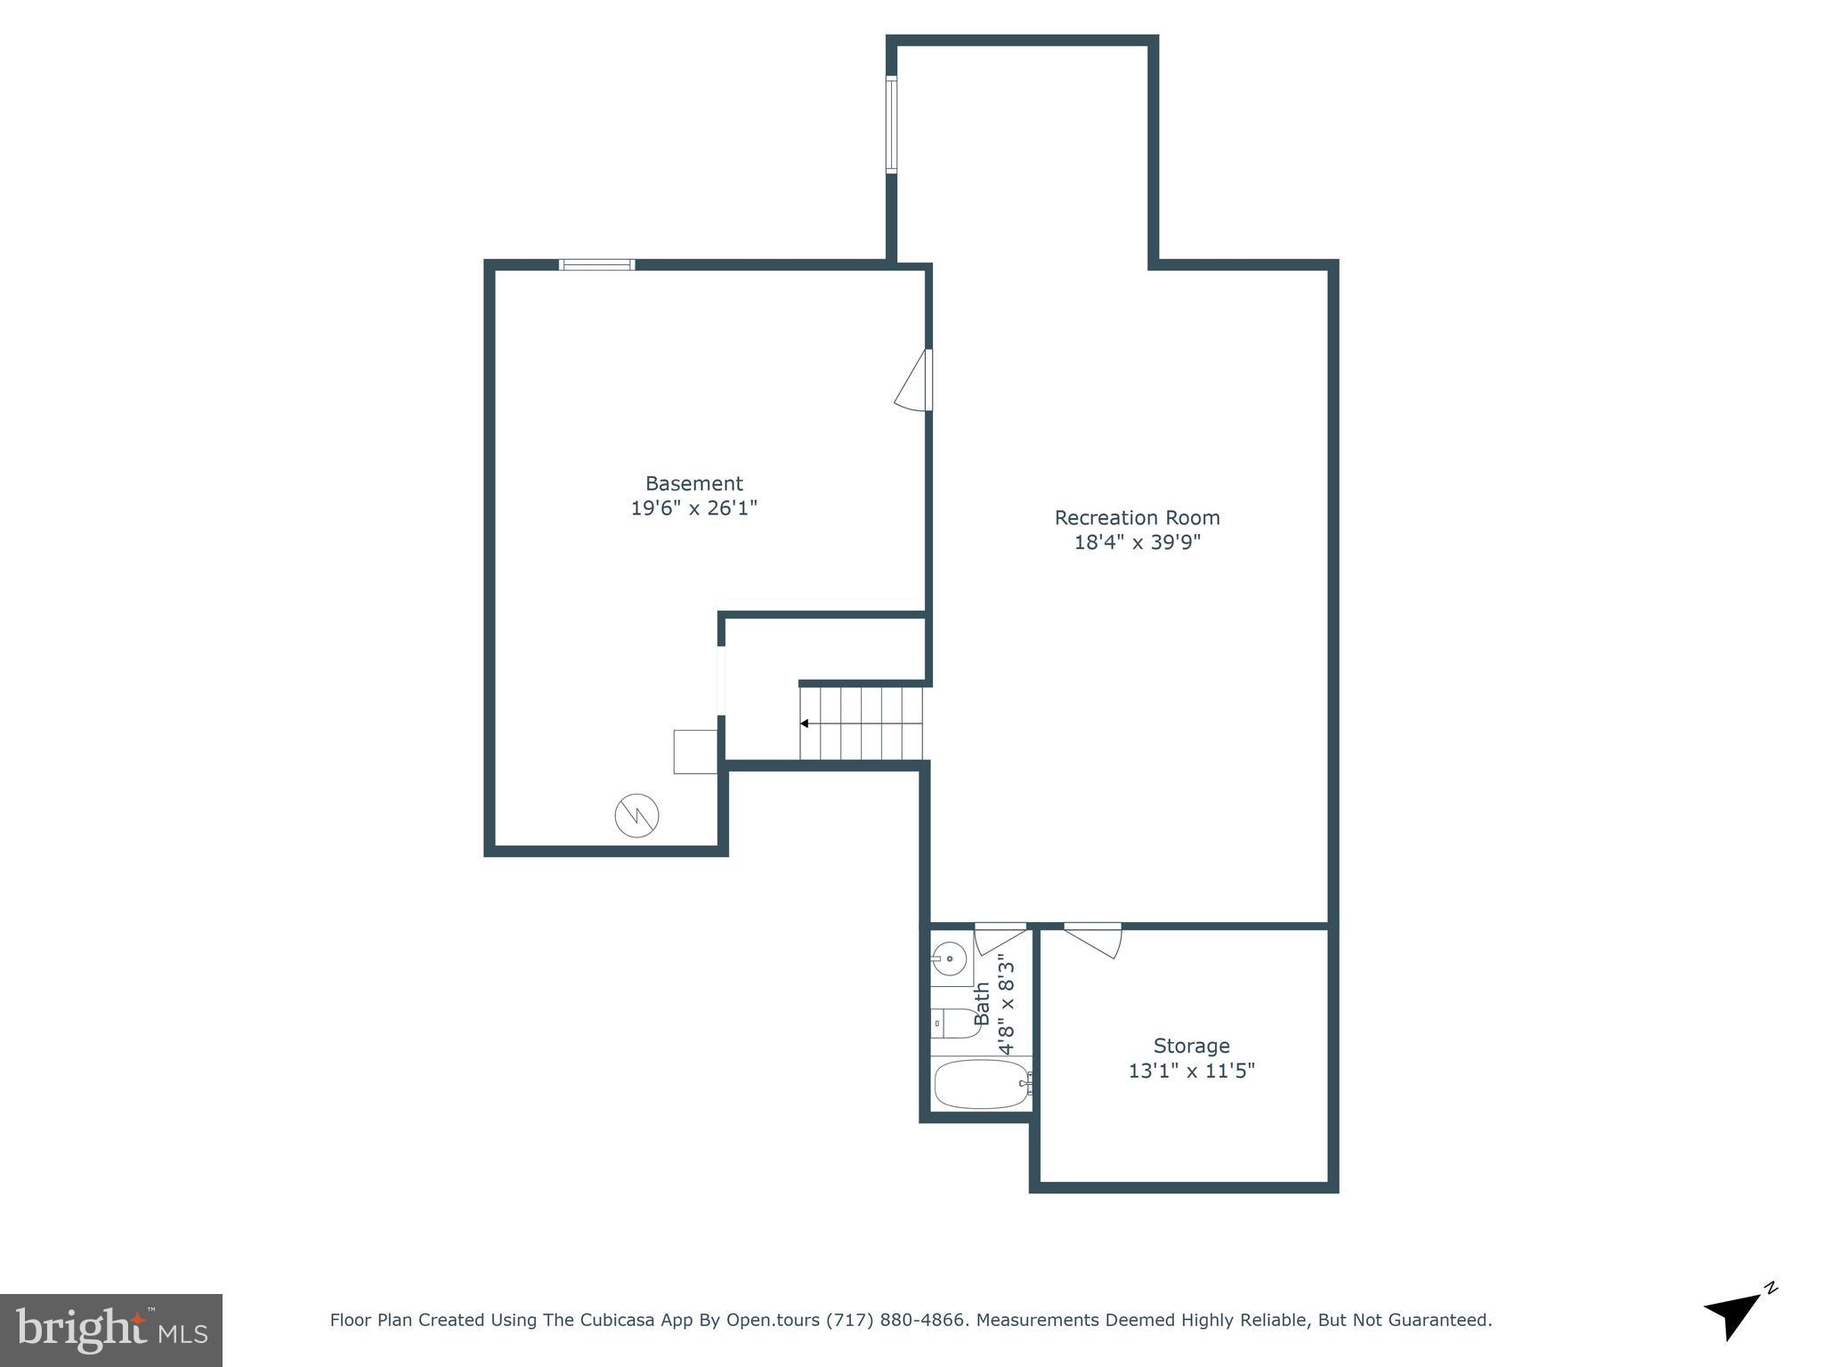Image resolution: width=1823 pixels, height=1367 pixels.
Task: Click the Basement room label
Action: click(693, 483)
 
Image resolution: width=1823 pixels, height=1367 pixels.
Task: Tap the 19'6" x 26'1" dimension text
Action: click(693, 508)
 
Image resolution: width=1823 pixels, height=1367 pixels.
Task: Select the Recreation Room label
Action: click(1137, 517)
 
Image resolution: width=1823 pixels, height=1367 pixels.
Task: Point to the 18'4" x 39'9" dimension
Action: click(1137, 542)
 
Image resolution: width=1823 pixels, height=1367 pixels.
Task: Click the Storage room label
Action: click(1191, 1046)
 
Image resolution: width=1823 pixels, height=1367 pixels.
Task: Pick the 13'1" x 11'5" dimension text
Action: click(1191, 1071)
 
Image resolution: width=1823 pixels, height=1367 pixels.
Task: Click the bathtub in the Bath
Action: click(981, 1084)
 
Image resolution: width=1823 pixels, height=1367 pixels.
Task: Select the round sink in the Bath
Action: click(950, 959)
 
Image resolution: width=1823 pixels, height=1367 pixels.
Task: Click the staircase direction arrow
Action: click(805, 724)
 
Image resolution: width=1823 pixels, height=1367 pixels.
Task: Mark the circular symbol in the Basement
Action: click(636, 814)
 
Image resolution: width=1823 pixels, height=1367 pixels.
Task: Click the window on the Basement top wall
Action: click(596, 264)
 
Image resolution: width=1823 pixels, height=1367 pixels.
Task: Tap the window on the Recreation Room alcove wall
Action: click(891, 124)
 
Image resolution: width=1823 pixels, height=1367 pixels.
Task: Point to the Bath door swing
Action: click(1000, 938)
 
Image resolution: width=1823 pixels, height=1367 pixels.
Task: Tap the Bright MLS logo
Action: click(110, 1330)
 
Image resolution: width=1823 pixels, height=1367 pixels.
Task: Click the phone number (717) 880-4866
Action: click(895, 1320)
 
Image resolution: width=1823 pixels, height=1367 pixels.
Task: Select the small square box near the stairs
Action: click(694, 751)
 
